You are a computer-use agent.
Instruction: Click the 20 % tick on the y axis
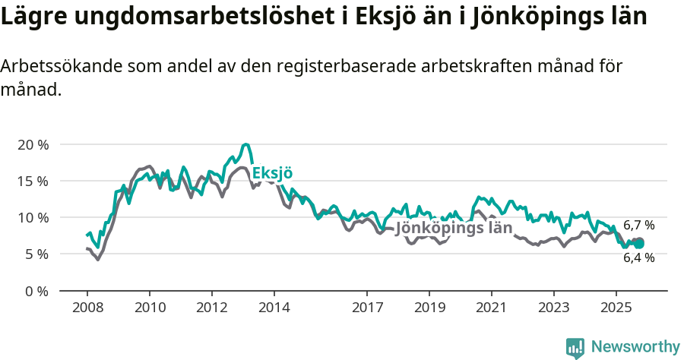(x=32, y=144)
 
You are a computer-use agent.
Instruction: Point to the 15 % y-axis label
(x=32, y=181)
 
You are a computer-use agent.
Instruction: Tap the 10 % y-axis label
(x=32, y=217)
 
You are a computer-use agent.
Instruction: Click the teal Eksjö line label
(x=272, y=172)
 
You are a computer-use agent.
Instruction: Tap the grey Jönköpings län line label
(x=454, y=228)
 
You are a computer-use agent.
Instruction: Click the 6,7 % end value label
(x=638, y=226)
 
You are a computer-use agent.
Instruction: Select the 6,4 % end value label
(x=638, y=257)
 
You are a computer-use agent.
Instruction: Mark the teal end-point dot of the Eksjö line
(x=639, y=244)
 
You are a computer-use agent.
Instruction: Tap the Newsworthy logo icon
(x=575, y=347)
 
